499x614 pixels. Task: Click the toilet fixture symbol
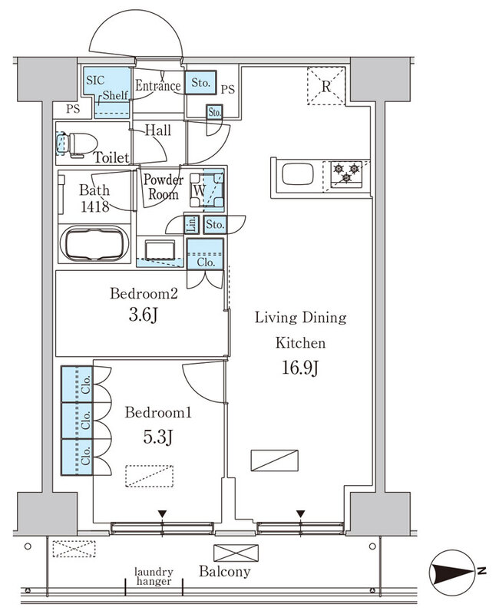pyautogui.click(x=78, y=144)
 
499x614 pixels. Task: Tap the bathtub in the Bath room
pyautogui.click(x=94, y=245)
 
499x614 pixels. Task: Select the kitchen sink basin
pyautogui.click(x=298, y=174)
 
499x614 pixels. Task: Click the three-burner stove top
pyautogui.click(x=346, y=174)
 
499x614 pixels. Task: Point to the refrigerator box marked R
pyautogui.click(x=326, y=86)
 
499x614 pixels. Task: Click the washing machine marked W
pyautogui.click(x=207, y=190)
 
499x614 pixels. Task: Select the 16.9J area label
pyautogui.click(x=300, y=368)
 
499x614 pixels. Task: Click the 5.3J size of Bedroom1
pyautogui.click(x=157, y=437)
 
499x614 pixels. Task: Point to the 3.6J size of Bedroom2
pyautogui.click(x=144, y=315)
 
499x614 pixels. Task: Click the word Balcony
pyautogui.click(x=224, y=571)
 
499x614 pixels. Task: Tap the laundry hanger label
pyautogui.click(x=154, y=577)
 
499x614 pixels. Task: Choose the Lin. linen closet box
pyautogui.click(x=191, y=225)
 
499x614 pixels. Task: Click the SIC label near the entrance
pyautogui.click(x=95, y=81)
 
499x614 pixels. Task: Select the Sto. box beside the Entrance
pyautogui.click(x=200, y=83)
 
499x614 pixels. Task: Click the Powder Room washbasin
pyautogui.click(x=160, y=250)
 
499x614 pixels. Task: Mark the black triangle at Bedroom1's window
pyautogui.click(x=162, y=513)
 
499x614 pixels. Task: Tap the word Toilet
pyautogui.click(x=111, y=157)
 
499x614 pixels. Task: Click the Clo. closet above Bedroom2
pyautogui.click(x=205, y=254)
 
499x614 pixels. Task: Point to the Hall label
pyautogui.click(x=158, y=130)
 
